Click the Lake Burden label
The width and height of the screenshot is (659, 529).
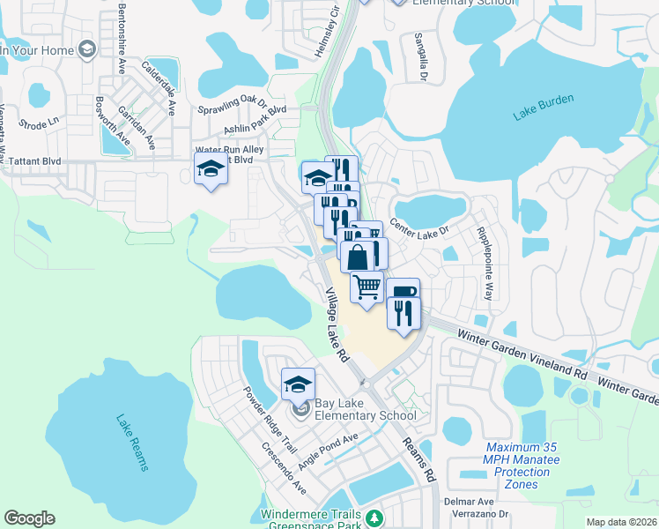543,105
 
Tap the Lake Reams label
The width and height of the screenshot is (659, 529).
130,443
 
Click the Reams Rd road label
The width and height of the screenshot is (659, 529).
419,461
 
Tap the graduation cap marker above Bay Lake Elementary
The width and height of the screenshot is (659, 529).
298,384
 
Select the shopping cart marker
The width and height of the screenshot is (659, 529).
367,287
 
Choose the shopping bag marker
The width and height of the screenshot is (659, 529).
358,258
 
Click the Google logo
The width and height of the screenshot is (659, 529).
29,518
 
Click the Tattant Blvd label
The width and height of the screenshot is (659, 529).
34,161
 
